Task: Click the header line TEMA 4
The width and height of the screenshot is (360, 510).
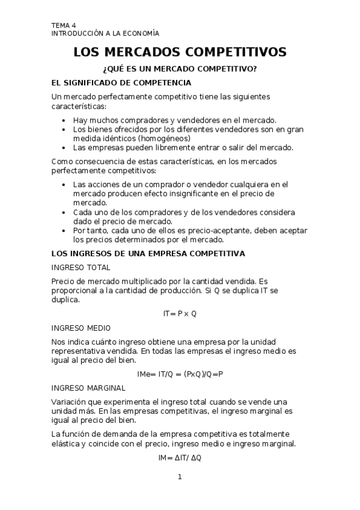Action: [x=64, y=25]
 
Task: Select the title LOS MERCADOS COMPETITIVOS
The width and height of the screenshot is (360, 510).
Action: [x=180, y=52]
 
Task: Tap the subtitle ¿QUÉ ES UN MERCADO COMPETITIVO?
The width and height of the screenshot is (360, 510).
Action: [x=180, y=69]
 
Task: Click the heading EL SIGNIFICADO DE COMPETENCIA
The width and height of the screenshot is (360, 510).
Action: [x=121, y=82]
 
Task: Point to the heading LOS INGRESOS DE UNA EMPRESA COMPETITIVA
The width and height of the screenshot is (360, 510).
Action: [x=148, y=254]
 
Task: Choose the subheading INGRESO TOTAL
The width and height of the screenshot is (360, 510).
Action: [x=81, y=267]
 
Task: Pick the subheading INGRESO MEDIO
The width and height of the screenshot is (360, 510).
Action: [x=81, y=328]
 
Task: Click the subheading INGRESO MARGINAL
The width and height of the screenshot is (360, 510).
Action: [x=88, y=388]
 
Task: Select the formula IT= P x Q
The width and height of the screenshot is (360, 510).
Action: [x=180, y=314]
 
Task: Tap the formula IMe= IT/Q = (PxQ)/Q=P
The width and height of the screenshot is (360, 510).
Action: [x=180, y=374]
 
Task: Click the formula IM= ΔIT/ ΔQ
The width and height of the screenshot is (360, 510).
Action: [x=180, y=458]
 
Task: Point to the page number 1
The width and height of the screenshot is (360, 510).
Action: [x=179, y=478]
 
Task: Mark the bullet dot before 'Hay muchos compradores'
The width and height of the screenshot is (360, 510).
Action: [x=64, y=120]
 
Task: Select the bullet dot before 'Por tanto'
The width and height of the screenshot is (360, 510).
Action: [x=64, y=230]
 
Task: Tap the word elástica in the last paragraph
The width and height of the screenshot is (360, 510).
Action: [x=68, y=444]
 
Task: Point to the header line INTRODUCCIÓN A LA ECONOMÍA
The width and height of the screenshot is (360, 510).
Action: [x=105, y=34]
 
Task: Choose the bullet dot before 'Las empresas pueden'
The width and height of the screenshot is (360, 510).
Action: [x=64, y=147]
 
